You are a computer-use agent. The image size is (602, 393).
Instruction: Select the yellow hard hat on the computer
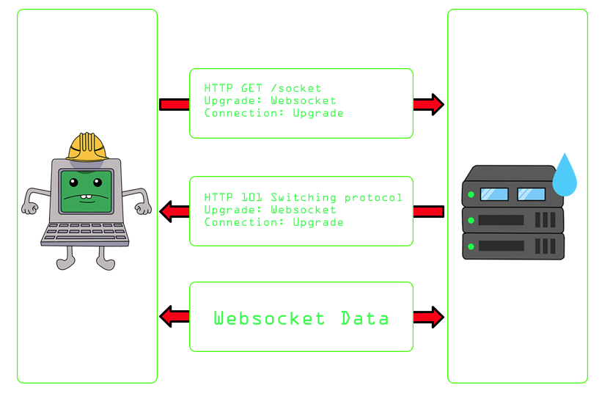(x=87, y=147)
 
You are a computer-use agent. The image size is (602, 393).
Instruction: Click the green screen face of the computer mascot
(x=87, y=191)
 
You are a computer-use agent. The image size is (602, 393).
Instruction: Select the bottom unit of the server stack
(x=513, y=246)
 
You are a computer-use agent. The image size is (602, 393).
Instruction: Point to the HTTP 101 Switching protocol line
(x=303, y=198)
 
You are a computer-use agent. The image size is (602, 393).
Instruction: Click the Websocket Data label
(x=301, y=319)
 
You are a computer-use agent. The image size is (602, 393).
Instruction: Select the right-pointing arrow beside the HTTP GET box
(x=428, y=105)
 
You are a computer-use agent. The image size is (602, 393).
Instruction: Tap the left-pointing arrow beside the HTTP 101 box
(x=175, y=212)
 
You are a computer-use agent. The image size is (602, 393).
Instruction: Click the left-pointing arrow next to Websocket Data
(x=175, y=317)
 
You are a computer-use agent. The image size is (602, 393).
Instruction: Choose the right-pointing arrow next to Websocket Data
(x=428, y=317)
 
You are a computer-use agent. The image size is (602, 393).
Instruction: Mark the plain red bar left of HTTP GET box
(x=175, y=105)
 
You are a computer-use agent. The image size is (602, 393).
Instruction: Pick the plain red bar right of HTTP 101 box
(x=428, y=212)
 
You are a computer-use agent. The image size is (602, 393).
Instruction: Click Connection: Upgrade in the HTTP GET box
(x=274, y=114)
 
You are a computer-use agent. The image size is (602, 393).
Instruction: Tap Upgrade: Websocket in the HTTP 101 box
(x=270, y=210)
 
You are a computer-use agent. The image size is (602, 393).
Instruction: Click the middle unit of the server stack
(x=513, y=219)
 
